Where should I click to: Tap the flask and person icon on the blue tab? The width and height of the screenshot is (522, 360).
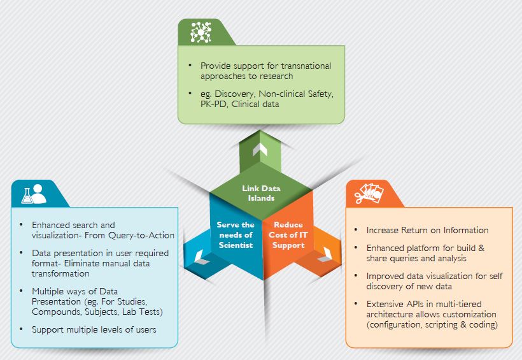[33, 193]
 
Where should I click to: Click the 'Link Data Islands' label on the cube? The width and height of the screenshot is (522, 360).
[261, 192]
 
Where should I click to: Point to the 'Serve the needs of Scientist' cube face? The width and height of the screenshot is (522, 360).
[236, 235]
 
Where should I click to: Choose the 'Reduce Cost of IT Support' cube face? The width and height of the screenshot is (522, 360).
[288, 235]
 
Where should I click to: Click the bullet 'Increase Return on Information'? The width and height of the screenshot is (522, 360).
[427, 230]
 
